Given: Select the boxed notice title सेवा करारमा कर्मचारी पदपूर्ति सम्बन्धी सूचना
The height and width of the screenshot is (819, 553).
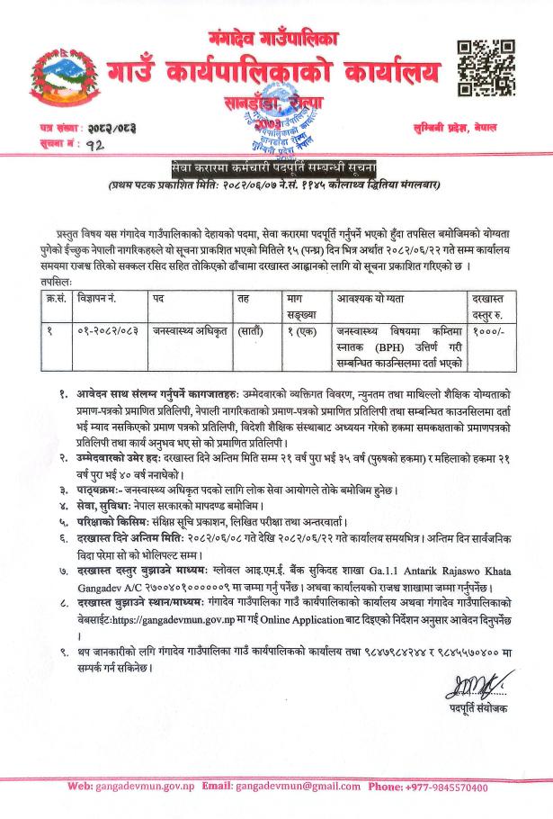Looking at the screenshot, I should (x=276, y=168).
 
